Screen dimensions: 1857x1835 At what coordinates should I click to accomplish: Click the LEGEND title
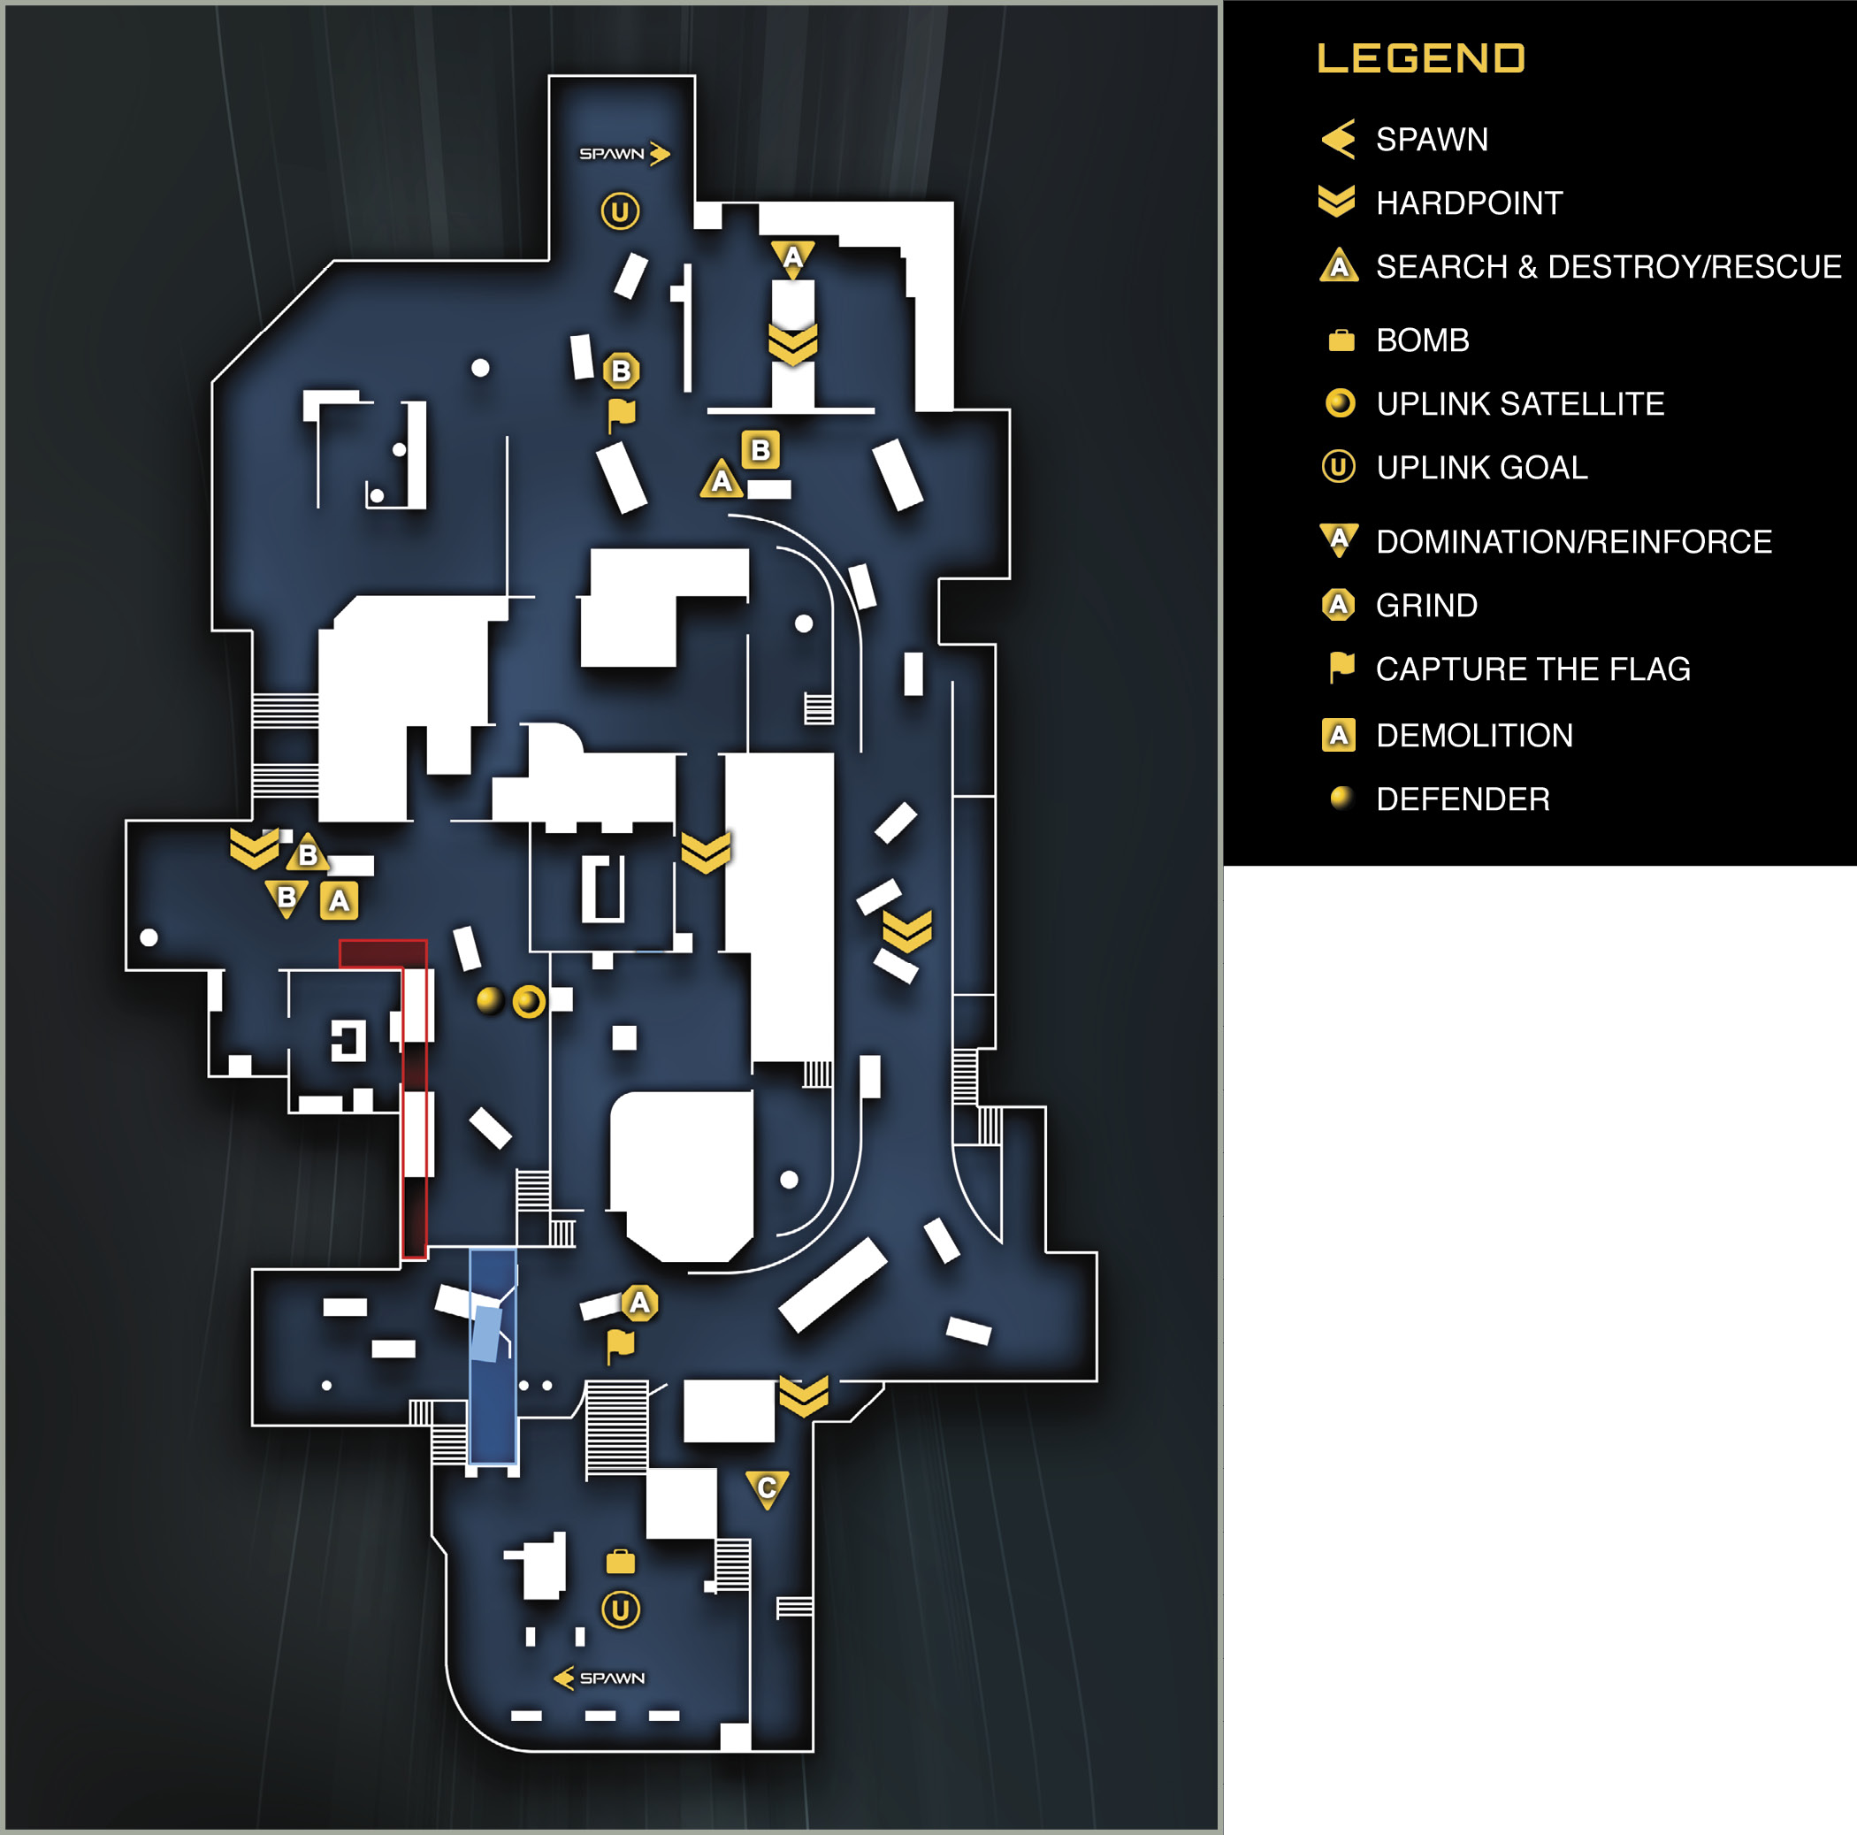[1421, 57]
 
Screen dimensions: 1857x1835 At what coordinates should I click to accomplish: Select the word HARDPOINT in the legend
[1469, 203]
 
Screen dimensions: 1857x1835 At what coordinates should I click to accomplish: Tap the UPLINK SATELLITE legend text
[1519, 404]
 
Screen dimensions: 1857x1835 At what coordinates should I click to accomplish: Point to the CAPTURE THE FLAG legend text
[1532, 669]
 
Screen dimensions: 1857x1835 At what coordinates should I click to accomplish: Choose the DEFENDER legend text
[1462, 799]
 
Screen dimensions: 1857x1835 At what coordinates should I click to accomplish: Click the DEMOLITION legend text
[1473, 736]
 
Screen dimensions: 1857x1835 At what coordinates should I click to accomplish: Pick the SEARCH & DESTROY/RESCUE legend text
[1608, 266]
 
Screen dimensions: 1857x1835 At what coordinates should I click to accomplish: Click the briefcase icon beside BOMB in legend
[1341, 340]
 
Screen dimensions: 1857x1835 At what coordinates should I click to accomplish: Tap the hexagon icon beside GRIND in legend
[1338, 605]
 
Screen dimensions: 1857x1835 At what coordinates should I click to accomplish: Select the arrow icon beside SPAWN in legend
[1338, 140]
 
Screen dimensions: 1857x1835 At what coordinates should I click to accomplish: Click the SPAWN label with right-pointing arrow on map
[623, 154]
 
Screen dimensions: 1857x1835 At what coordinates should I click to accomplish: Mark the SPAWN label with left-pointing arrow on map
[599, 1678]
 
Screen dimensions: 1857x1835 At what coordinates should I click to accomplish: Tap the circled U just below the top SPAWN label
[620, 211]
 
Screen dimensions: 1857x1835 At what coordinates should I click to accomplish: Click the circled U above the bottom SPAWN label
[621, 1609]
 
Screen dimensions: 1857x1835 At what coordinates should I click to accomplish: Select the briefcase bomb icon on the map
[620, 1562]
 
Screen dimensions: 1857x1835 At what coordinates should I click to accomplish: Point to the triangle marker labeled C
[767, 1488]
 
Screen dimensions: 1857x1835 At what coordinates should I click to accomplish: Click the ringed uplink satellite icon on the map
[529, 1001]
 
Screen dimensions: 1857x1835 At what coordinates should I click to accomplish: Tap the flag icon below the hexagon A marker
[620, 1346]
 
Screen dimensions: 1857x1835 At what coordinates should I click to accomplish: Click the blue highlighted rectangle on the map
[493, 1356]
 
